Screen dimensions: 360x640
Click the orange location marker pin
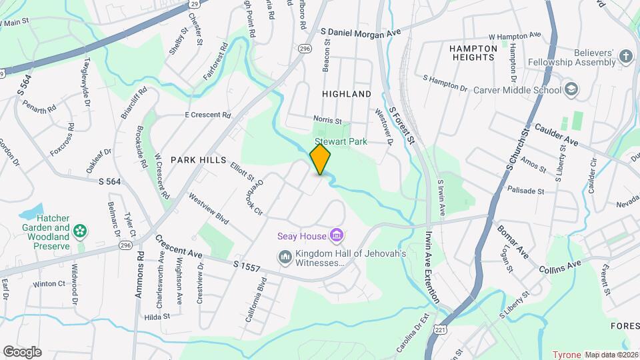pyautogui.click(x=321, y=159)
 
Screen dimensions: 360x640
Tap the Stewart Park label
pyautogui.click(x=341, y=141)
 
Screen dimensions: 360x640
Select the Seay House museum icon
pyautogui.click(x=337, y=236)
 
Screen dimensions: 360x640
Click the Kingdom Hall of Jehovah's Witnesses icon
pyautogui.click(x=285, y=257)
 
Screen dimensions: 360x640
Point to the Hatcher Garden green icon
pyautogui.click(x=80, y=231)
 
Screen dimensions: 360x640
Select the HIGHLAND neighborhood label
pyautogui.click(x=347, y=94)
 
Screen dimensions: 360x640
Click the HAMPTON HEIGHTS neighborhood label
pyautogui.click(x=473, y=53)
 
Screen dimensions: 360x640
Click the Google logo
pyautogui.click(x=22, y=351)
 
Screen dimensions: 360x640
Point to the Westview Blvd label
pyautogui.click(x=208, y=208)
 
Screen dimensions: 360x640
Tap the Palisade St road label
pyautogui.click(x=526, y=191)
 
